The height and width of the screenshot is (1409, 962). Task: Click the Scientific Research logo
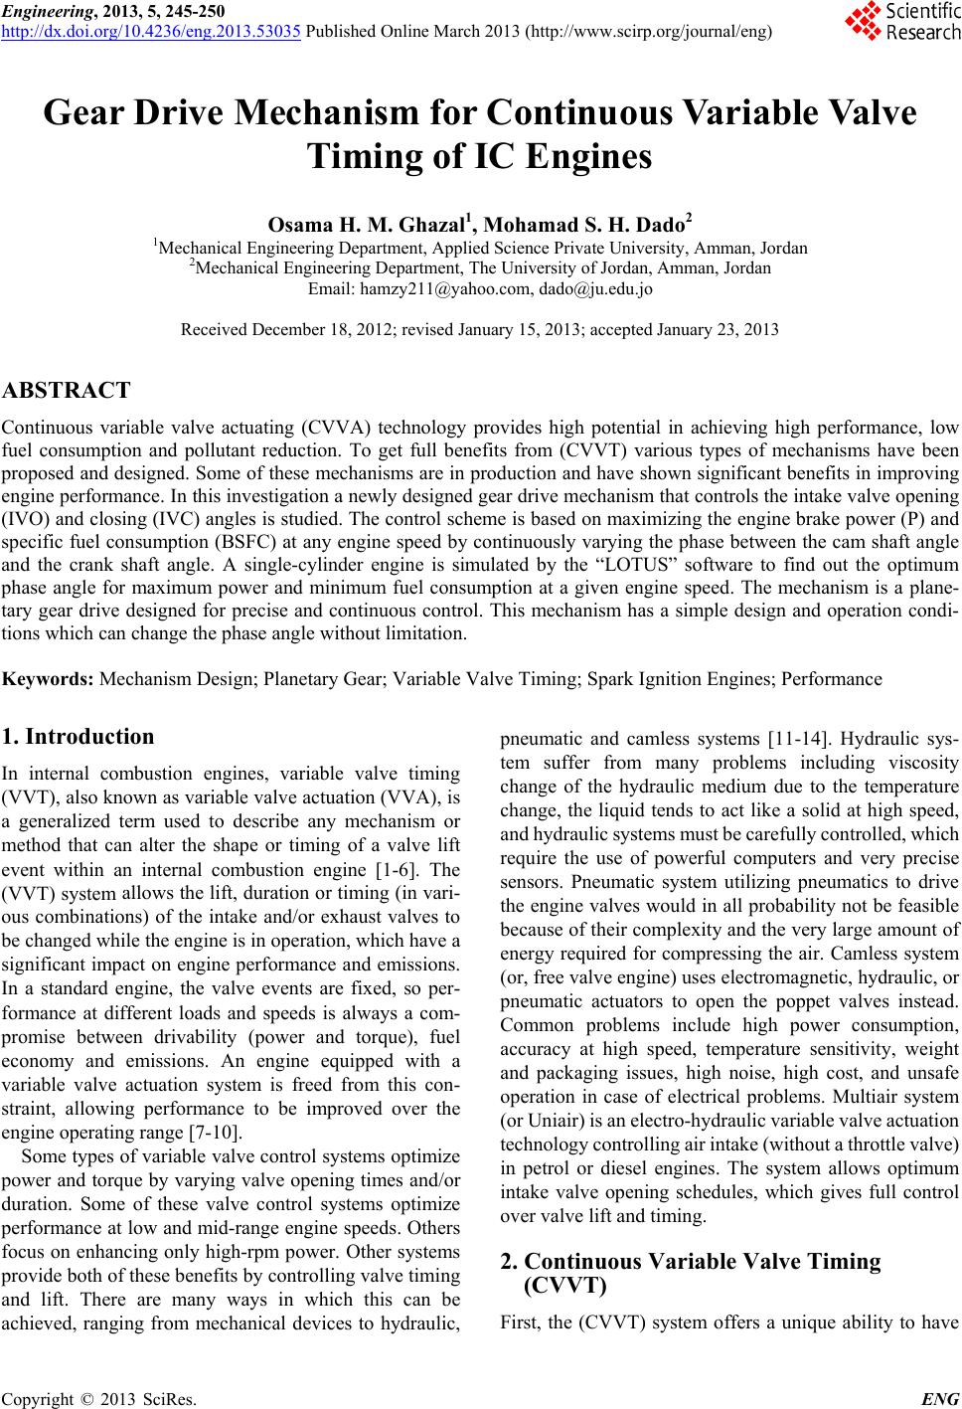(x=902, y=22)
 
